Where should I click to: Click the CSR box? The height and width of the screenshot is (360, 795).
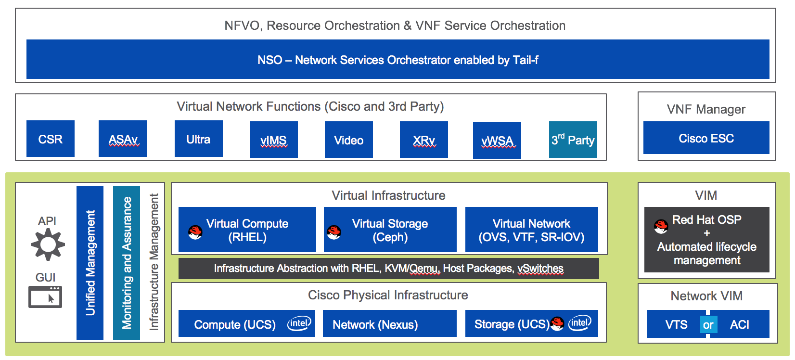click(51, 139)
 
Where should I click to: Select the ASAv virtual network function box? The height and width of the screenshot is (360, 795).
click(123, 139)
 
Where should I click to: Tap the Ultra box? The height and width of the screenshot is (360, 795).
click(198, 139)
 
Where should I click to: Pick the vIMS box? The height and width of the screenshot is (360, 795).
click(273, 140)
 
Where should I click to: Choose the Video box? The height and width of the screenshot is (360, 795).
click(348, 140)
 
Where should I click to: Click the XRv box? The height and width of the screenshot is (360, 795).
click(423, 140)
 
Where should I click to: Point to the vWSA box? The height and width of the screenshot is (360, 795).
click(497, 141)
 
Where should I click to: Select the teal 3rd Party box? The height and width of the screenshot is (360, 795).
click(573, 140)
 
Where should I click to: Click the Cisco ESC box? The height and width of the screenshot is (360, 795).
click(706, 138)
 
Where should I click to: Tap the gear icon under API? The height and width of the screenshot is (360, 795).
click(48, 244)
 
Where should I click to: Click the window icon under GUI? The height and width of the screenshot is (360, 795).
click(45, 297)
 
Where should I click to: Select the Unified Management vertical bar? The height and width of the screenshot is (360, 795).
click(90, 263)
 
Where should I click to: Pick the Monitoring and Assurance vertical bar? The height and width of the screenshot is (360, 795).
click(127, 263)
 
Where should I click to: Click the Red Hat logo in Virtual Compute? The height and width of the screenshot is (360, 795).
click(195, 232)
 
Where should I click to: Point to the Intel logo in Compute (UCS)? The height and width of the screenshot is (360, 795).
click(299, 323)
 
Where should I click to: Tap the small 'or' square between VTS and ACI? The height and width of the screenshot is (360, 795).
click(708, 325)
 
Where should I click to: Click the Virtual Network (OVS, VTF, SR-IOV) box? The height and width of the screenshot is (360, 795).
click(531, 230)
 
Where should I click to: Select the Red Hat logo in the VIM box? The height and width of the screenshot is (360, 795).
click(661, 226)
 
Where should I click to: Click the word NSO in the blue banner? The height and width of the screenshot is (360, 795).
click(269, 60)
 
